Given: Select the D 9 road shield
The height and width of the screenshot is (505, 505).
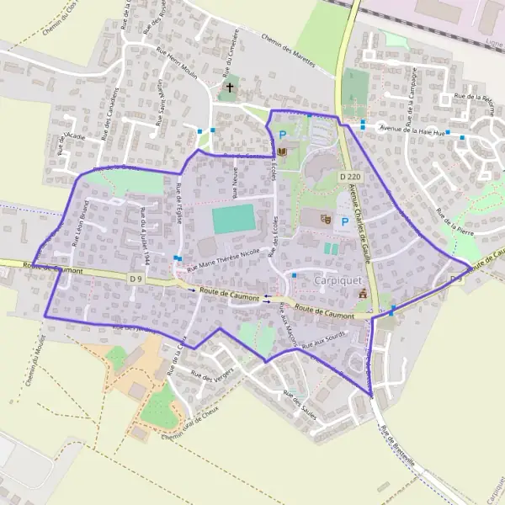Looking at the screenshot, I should click(x=136, y=277).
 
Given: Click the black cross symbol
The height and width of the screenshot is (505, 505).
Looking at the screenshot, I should click(x=228, y=87).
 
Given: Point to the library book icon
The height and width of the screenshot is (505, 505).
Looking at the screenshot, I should click(x=281, y=151).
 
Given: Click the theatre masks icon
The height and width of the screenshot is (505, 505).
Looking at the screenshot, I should click(x=327, y=220).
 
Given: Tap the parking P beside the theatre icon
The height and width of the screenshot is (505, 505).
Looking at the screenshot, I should click(x=344, y=222).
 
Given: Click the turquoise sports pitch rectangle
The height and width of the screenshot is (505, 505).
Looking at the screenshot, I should click(x=233, y=219).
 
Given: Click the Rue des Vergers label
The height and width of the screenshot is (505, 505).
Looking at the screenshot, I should click(x=212, y=376).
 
